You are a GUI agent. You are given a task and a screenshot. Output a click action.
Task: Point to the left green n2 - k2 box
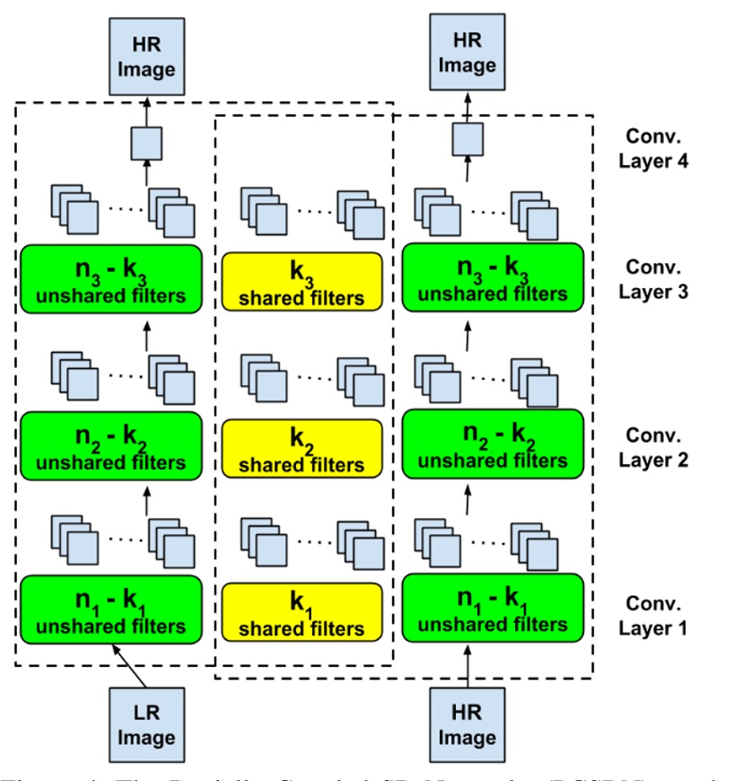coord(117,443)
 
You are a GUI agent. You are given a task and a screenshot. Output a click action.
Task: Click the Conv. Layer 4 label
coord(652,151)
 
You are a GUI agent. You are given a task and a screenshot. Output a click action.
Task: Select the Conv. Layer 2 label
coord(652,447)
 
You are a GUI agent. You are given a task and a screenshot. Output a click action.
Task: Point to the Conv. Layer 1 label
coord(652,615)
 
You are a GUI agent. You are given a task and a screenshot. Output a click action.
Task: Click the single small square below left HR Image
coord(146,142)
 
